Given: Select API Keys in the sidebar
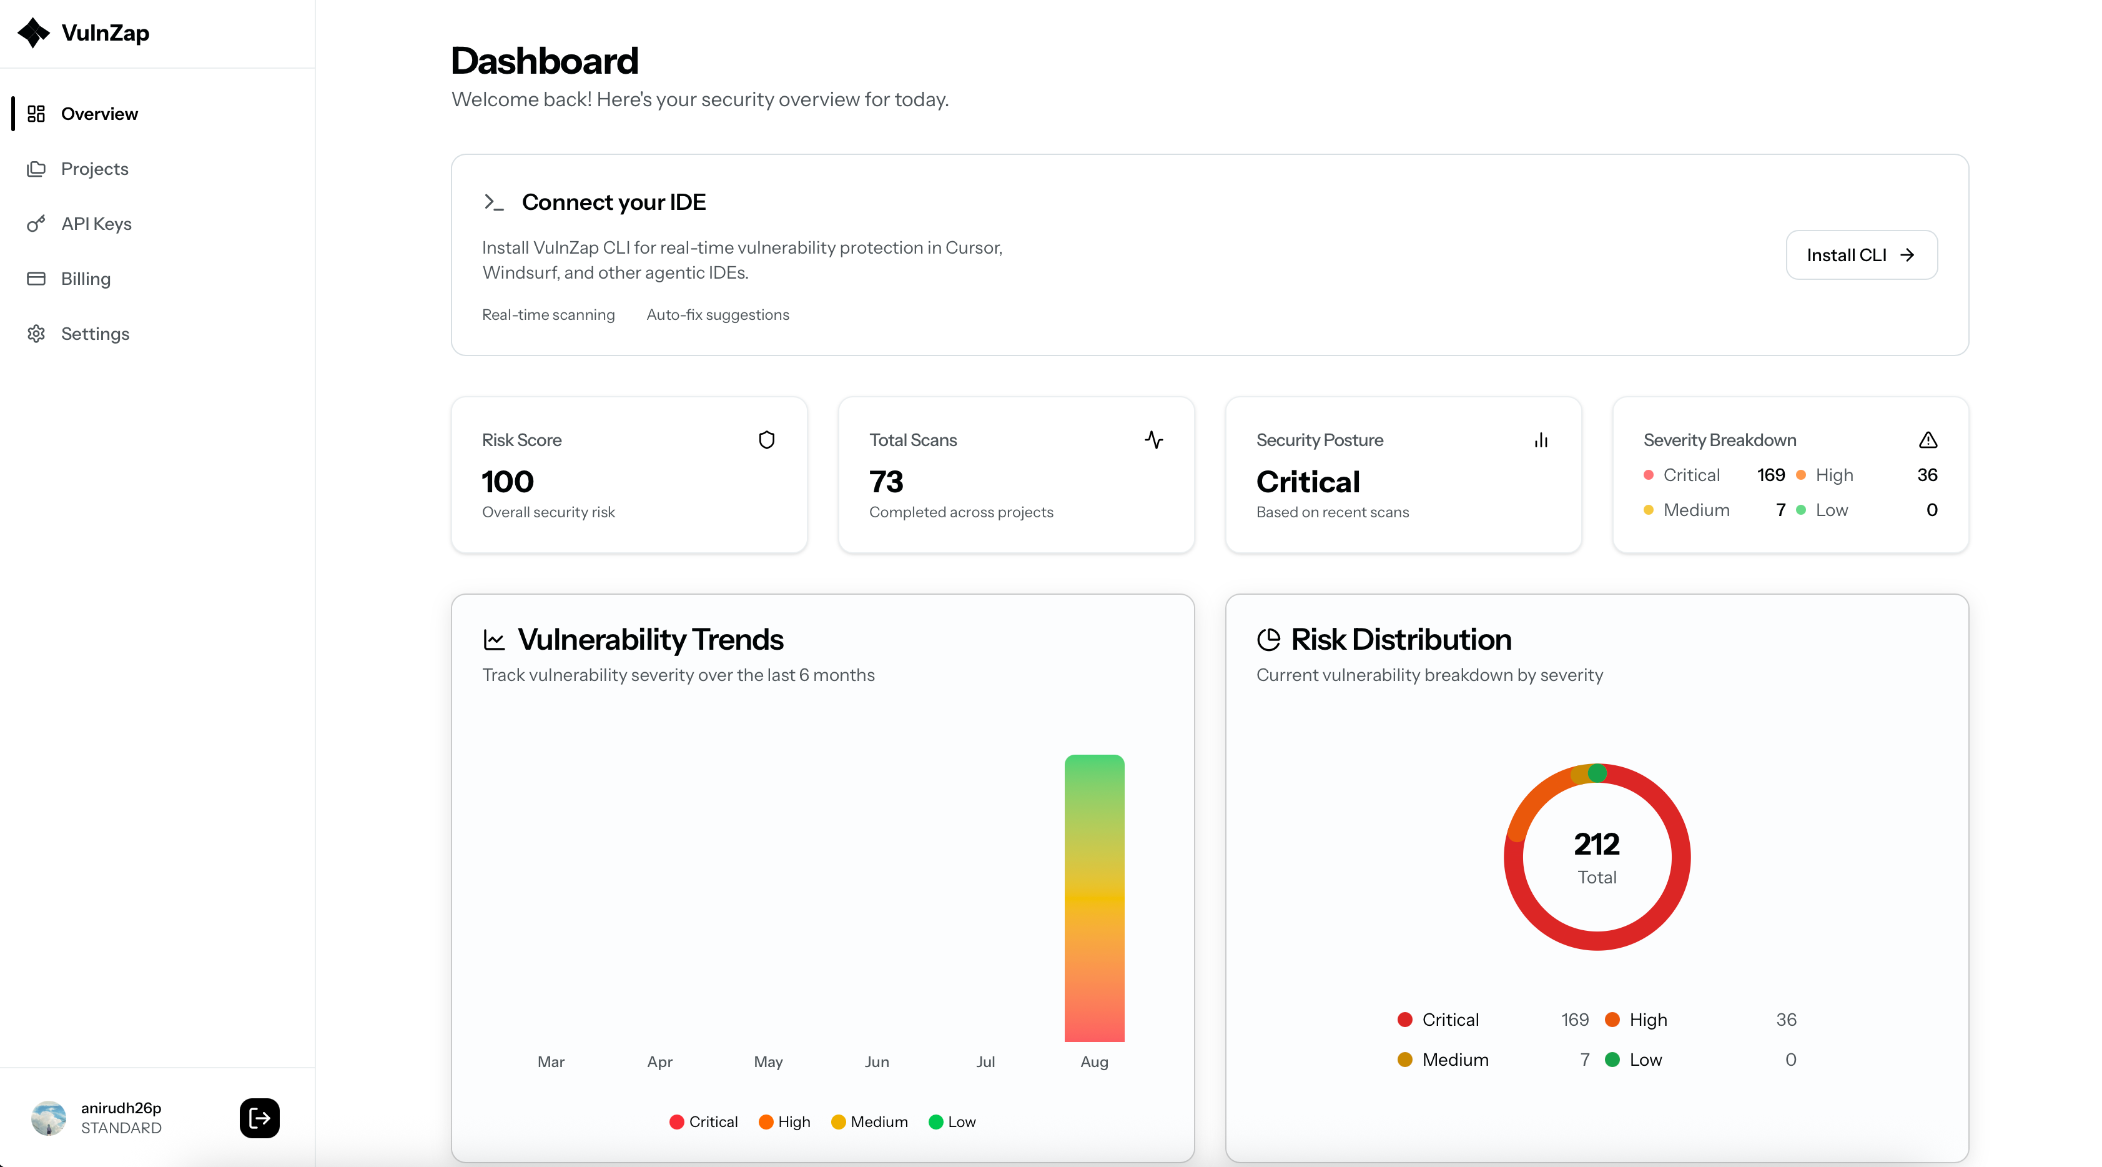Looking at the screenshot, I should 96,224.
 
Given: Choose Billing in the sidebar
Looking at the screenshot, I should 85,279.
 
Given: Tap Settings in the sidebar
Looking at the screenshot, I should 95,334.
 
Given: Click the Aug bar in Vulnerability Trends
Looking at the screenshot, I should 1093,898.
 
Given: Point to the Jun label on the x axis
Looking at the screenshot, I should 876,1061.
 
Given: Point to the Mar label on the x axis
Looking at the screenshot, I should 551,1061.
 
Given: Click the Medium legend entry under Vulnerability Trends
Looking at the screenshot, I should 869,1122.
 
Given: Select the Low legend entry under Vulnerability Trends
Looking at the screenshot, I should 952,1122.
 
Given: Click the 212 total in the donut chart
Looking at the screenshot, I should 1596,844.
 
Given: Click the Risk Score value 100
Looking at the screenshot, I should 508,482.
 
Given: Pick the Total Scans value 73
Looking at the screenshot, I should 886,482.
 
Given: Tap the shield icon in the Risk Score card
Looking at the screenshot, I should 766,440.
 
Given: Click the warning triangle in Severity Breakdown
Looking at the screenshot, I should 1927,440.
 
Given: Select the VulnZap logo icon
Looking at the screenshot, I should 34,32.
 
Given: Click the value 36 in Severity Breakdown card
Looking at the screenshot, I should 1927,475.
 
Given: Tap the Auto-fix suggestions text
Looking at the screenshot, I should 718,315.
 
